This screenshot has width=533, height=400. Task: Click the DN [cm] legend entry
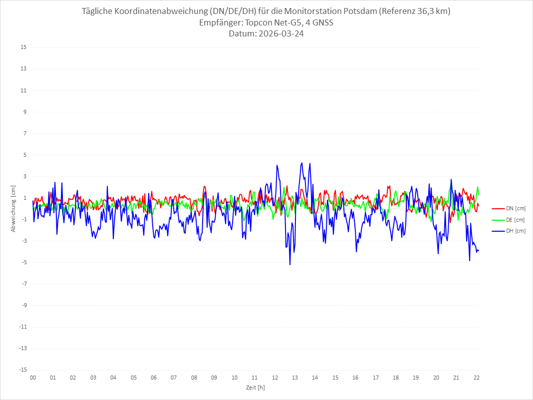(x=509, y=208)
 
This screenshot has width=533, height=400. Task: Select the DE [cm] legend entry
(x=509, y=220)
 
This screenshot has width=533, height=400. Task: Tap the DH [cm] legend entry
(x=509, y=231)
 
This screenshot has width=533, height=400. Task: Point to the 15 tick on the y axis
(x=23, y=47)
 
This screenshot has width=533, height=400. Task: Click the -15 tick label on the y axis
(x=22, y=370)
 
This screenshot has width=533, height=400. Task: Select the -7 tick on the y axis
(x=23, y=284)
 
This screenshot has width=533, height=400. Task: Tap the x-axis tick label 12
(x=275, y=378)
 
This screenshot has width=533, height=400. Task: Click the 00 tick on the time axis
(x=33, y=378)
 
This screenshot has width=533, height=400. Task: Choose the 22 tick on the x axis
(x=477, y=378)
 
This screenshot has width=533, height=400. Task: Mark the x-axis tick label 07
(x=174, y=378)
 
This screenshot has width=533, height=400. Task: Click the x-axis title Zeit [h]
(x=255, y=388)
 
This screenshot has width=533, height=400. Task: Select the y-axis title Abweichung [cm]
(x=13, y=208)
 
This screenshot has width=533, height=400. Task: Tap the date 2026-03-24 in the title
(x=283, y=34)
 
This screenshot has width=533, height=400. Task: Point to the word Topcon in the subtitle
(x=260, y=23)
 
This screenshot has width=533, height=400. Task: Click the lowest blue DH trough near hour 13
(x=290, y=264)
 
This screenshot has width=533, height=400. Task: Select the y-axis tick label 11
(x=23, y=90)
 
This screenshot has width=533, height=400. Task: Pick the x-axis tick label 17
(x=376, y=378)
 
